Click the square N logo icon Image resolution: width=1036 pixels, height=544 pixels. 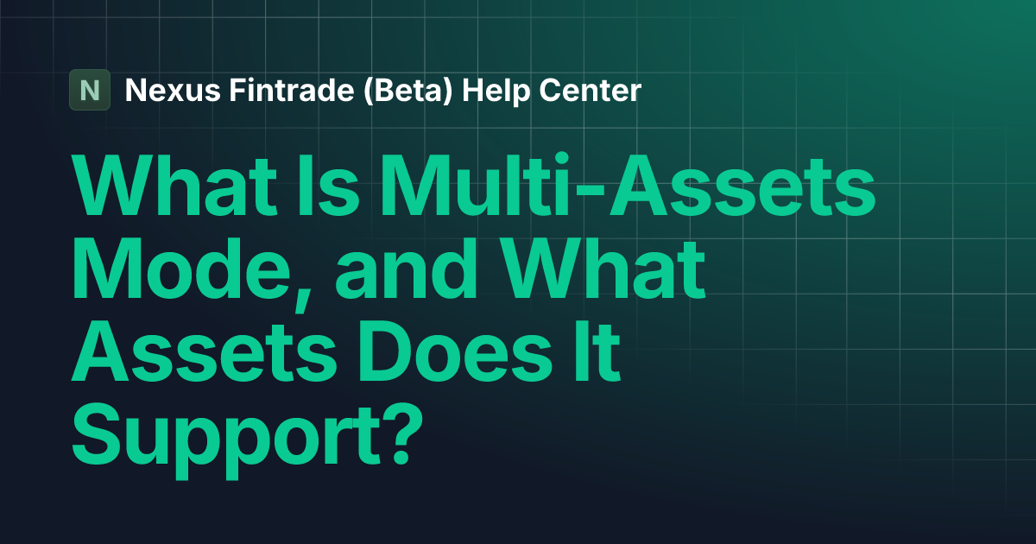[x=90, y=90]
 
